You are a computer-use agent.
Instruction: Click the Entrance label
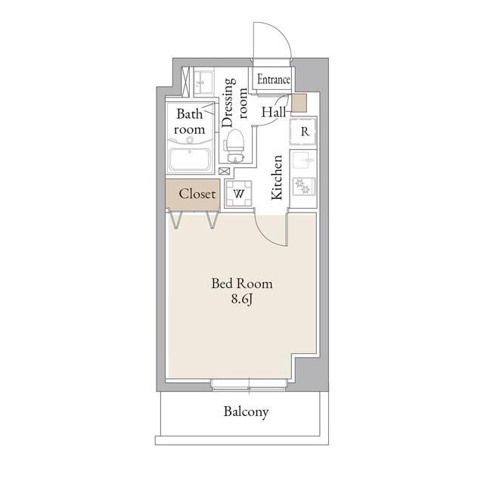[274, 79]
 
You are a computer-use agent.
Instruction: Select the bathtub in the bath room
[190, 160]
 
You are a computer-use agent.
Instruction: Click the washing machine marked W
[238, 194]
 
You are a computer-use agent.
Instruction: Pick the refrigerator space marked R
[303, 132]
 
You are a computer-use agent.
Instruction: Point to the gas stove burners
[303, 187]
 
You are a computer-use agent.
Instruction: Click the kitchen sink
[303, 162]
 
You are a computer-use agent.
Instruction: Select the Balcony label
[246, 411]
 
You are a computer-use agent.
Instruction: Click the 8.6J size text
[242, 299]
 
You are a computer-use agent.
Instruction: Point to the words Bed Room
[242, 284]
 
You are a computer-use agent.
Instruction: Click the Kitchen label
[277, 177]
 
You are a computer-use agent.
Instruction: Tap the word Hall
[274, 112]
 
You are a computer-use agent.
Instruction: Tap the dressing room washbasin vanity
[203, 82]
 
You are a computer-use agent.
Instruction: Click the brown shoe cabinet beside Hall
[299, 103]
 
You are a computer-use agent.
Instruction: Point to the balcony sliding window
[250, 385]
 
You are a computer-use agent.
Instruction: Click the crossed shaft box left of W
[225, 171]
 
